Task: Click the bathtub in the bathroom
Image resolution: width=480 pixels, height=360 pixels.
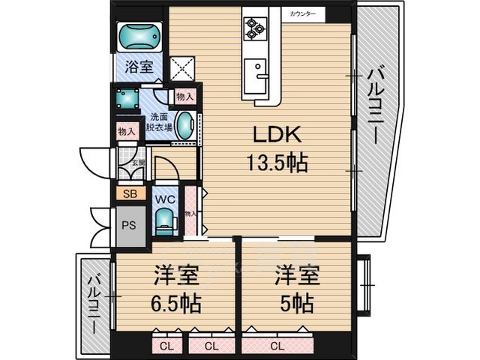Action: (x=139, y=35)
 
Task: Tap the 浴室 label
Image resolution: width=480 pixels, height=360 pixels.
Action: (x=139, y=67)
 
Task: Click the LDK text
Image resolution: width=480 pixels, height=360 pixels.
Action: (x=276, y=136)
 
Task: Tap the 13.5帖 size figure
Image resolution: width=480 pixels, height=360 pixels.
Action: (x=277, y=163)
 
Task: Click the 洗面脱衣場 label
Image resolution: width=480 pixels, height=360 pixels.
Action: (x=158, y=122)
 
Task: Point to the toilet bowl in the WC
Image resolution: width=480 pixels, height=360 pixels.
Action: (x=163, y=220)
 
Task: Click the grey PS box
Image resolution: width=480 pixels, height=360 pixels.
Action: (x=129, y=223)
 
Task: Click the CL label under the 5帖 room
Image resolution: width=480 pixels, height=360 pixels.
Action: (x=277, y=346)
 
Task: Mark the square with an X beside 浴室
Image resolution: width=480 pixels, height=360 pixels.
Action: (x=181, y=68)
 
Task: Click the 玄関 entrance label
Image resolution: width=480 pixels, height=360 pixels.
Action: (x=139, y=162)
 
